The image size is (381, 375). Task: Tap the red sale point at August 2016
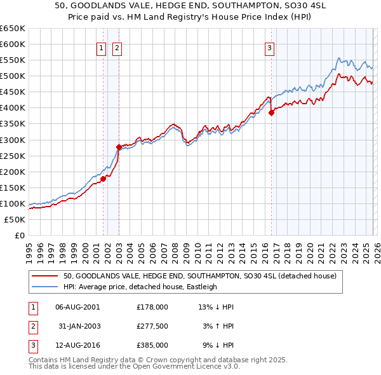pyautogui.click(x=271, y=112)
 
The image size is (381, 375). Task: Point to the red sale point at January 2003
pyautogui.click(x=119, y=147)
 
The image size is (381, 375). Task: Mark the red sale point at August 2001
pyautogui.click(x=103, y=179)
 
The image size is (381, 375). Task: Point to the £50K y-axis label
pyautogui.click(x=15, y=220)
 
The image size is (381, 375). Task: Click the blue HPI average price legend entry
pyautogui.click(x=140, y=287)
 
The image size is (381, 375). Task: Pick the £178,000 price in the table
pyautogui.click(x=152, y=306)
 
